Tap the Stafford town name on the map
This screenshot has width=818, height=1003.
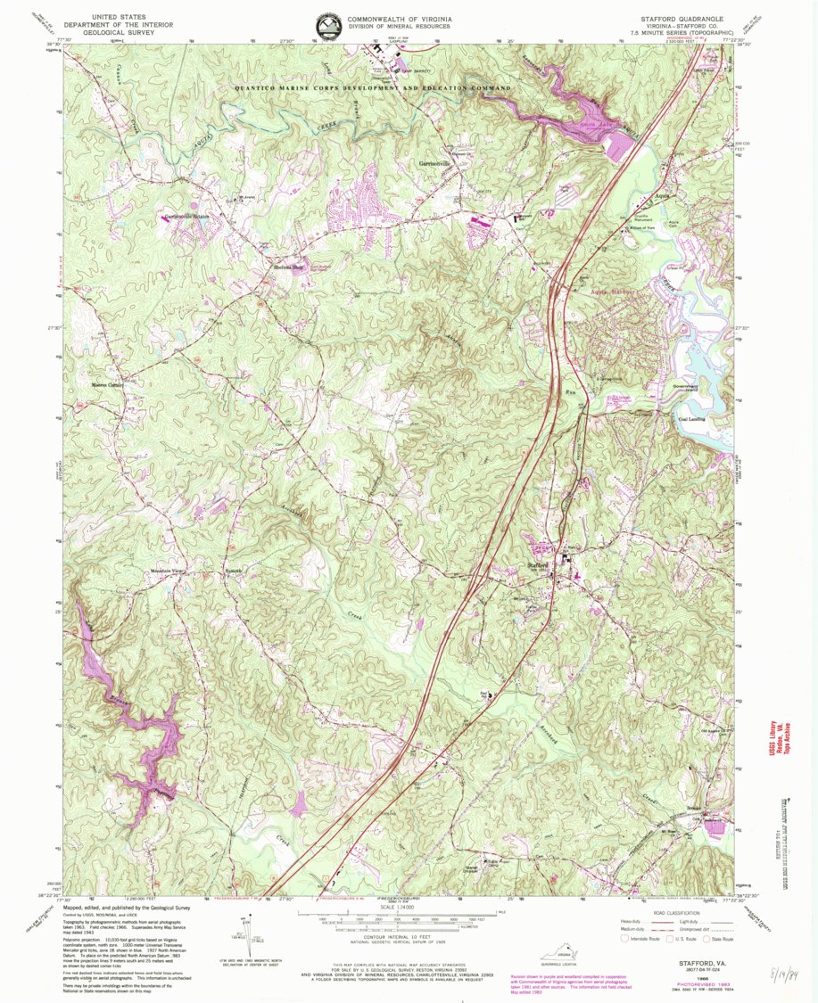click(x=537, y=565)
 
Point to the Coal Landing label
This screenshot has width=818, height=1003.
click(x=692, y=418)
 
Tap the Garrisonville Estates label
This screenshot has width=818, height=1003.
click(x=184, y=217)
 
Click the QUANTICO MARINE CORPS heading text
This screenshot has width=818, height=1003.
click(x=372, y=89)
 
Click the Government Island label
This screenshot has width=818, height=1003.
click(x=690, y=388)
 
